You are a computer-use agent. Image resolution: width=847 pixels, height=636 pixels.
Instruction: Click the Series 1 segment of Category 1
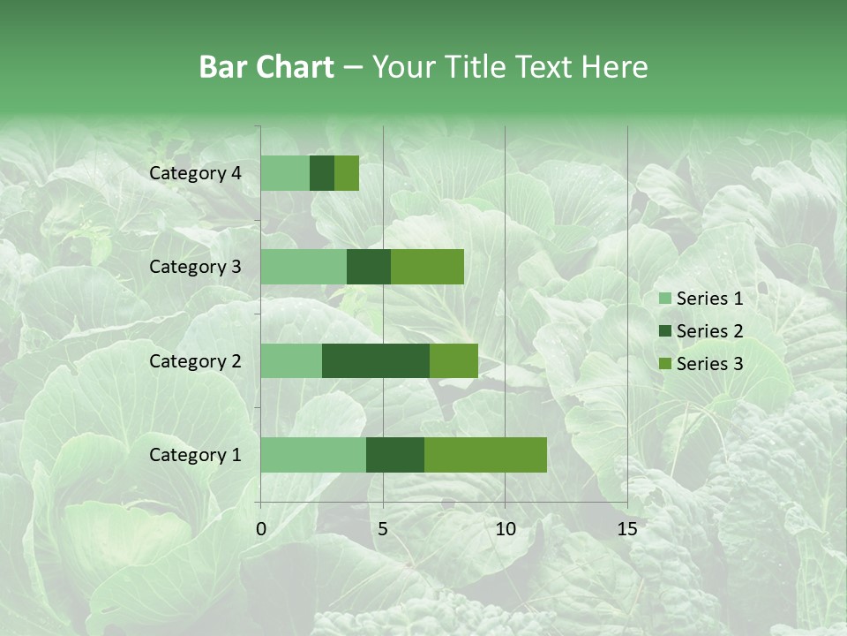(313, 454)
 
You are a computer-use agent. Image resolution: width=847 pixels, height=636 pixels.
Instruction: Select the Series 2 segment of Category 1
(394, 454)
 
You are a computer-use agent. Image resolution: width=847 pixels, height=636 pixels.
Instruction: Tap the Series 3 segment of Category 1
(485, 454)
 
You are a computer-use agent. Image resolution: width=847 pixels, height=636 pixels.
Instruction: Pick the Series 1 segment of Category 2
(291, 360)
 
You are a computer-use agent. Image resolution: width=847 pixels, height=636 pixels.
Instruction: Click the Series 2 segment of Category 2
(375, 360)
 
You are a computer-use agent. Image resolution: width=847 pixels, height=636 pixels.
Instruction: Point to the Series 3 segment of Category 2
(453, 360)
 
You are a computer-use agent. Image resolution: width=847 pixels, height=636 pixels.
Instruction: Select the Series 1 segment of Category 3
(304, 267)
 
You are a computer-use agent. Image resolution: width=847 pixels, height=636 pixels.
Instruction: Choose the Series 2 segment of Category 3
(369, 267)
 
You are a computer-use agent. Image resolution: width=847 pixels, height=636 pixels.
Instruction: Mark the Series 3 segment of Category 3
(427, 267)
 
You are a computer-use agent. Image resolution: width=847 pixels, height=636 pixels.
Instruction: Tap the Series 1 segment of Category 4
(285, 173)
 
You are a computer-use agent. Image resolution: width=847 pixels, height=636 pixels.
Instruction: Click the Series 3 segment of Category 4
(347, 173)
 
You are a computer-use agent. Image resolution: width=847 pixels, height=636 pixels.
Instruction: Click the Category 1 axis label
(195, 455)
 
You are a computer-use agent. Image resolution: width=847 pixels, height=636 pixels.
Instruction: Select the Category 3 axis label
(195, 267)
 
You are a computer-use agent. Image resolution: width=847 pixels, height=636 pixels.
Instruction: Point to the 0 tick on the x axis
(261, 529)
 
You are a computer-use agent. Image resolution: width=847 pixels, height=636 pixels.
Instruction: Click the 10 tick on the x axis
(505, 529)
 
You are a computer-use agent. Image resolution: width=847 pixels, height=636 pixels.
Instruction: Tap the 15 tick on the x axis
(626, 529)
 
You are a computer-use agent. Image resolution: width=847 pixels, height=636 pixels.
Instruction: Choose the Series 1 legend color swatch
(664, 299)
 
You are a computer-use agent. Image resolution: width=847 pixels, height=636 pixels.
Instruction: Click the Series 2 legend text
(709, 331)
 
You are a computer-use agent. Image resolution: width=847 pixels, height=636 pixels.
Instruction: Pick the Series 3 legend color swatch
(664, 364)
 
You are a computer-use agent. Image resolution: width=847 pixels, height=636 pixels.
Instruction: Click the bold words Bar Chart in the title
(266, 67)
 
